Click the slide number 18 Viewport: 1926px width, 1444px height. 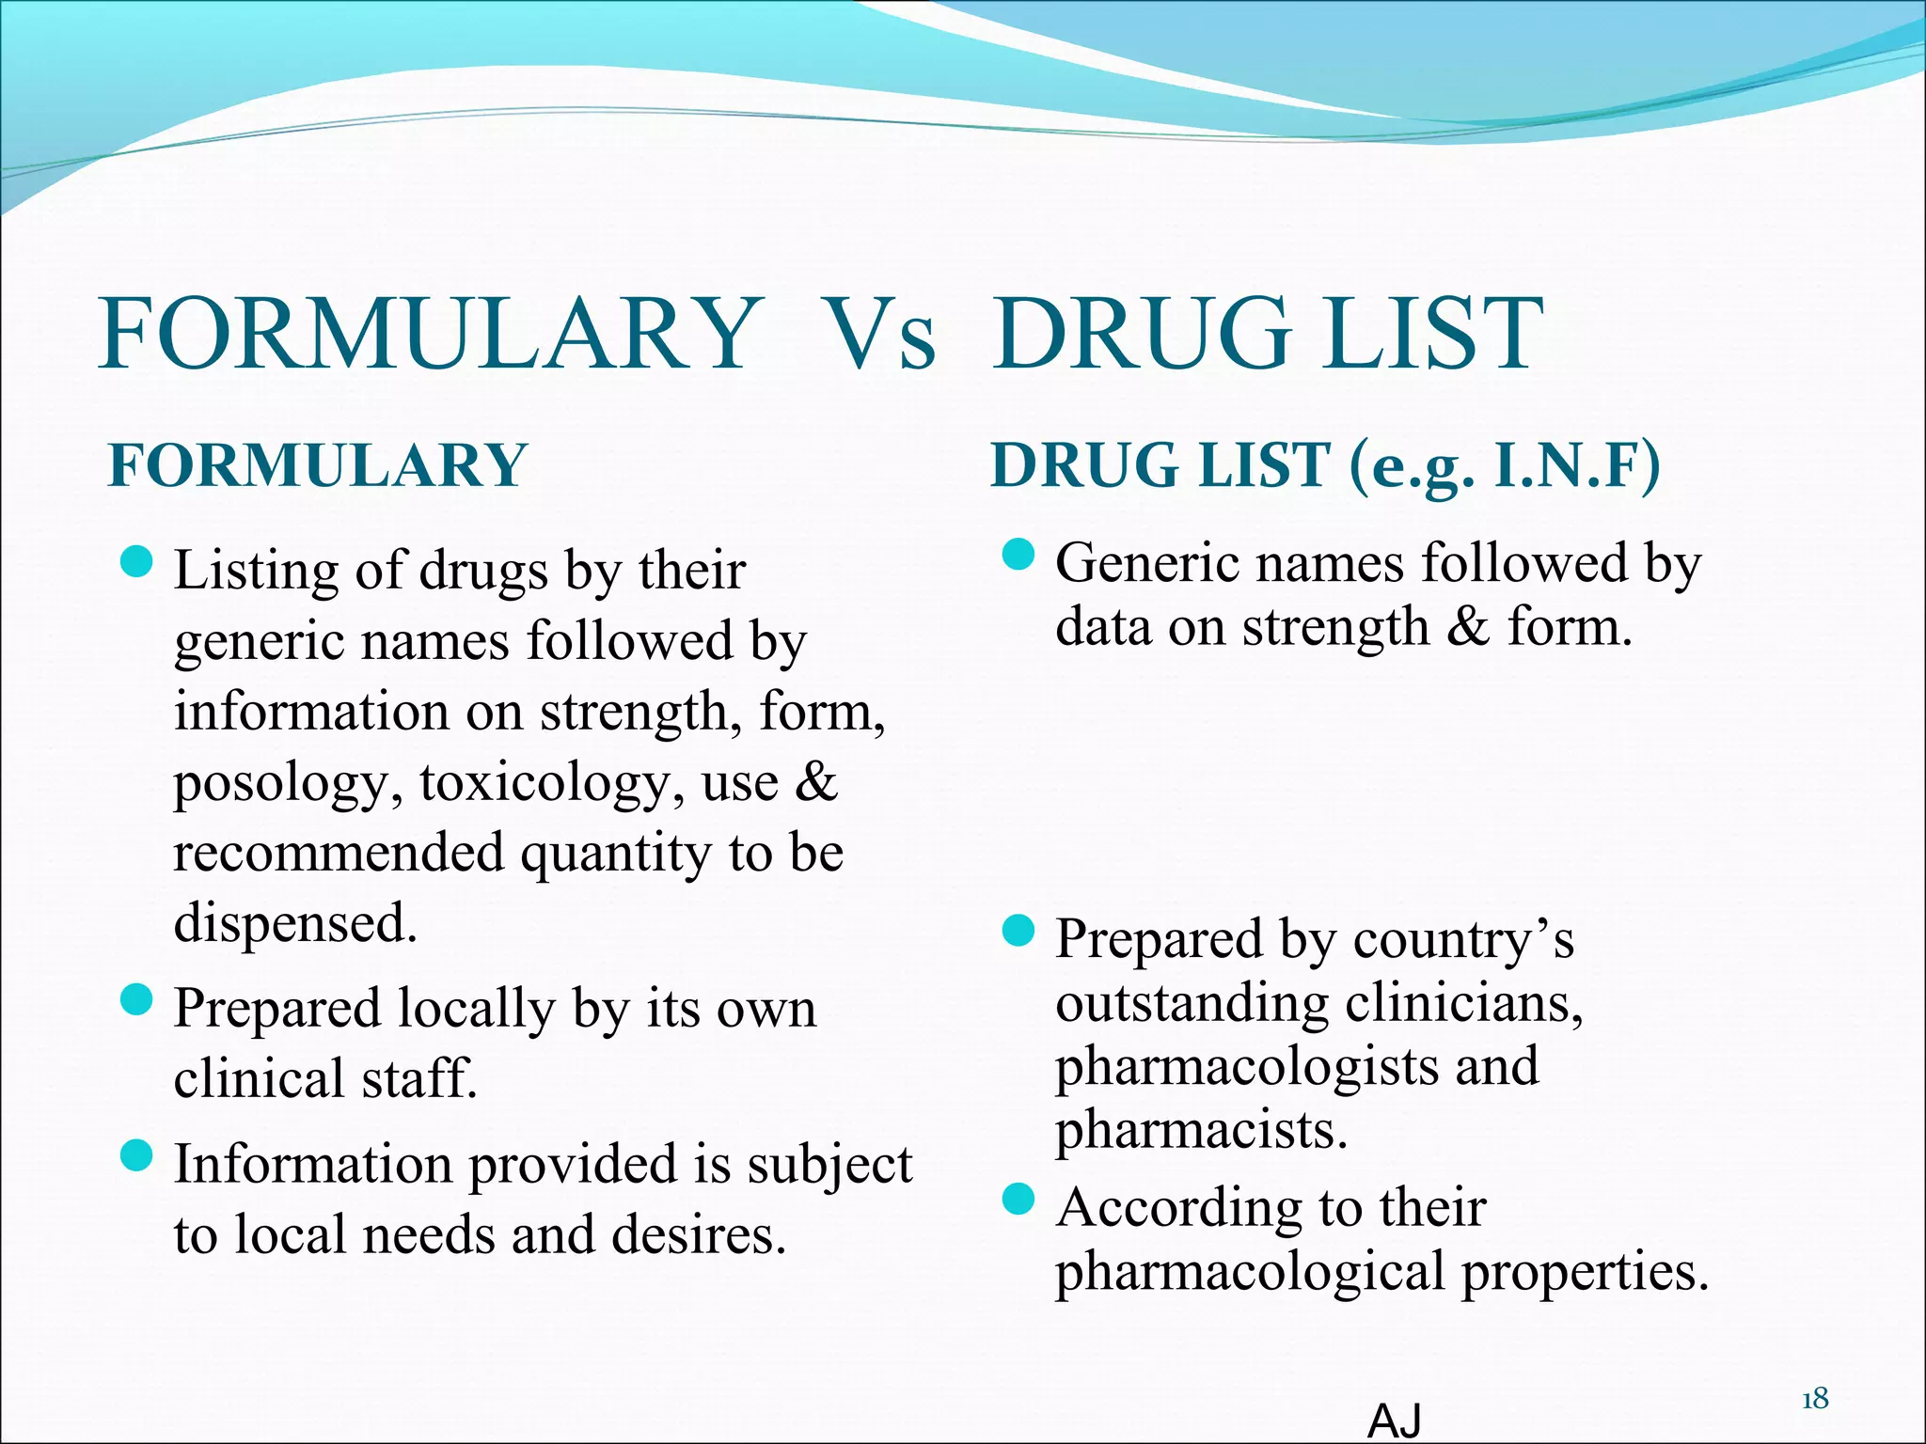tap(1814, 1400)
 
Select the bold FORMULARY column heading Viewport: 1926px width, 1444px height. tap(318, 465)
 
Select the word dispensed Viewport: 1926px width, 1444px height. tap(294, 923)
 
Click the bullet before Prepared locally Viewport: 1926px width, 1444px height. tap(137, 999)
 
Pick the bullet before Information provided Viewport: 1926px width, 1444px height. tap(137, 1155)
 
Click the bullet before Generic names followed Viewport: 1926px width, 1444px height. tap(1018, 555)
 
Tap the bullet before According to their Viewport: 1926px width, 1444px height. tap(1018, 1200)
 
